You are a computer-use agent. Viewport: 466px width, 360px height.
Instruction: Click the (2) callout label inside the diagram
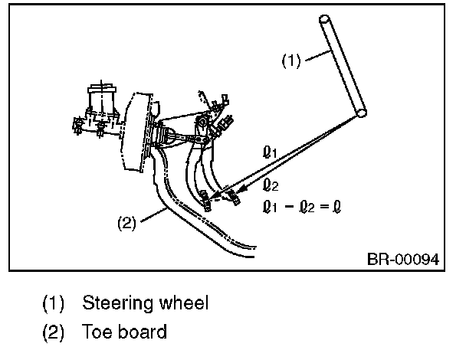[x=126, y=224]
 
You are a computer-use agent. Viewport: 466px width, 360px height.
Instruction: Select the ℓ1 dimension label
[x=269, y=154]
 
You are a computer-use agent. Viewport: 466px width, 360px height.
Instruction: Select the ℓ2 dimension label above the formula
[x=269, y=185]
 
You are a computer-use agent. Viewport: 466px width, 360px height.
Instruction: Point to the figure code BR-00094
[x=402, y=259]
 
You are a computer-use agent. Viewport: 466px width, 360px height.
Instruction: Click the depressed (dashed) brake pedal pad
[x=231, y=201]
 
